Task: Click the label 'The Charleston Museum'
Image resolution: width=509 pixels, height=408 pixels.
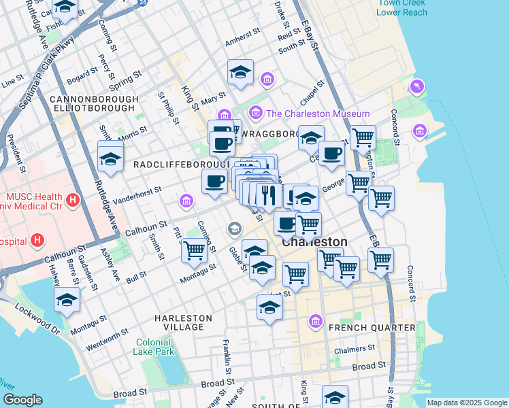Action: (x=318, y=114)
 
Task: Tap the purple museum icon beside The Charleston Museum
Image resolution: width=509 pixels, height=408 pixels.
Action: (x=256, y=112)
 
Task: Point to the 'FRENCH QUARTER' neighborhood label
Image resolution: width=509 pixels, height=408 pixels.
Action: (x=372, y=328)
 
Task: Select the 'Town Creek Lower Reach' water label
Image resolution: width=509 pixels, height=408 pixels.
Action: (x=402, y=7)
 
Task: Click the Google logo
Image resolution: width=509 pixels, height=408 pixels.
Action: (x=23, y=400)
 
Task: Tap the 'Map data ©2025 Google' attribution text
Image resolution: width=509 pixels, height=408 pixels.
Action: (x=466, y=403)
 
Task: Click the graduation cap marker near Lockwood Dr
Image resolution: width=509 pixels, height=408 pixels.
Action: (x=67, y=299)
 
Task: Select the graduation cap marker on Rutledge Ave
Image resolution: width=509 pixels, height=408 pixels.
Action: (x=110, y=159)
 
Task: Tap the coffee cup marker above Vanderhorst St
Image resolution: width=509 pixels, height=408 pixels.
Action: (x=215, y=181)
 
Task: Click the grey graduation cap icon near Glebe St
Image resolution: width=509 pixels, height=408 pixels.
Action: (x=235, y=228)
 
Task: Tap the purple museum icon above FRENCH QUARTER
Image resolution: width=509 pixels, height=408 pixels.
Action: (x=315, y=320)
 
